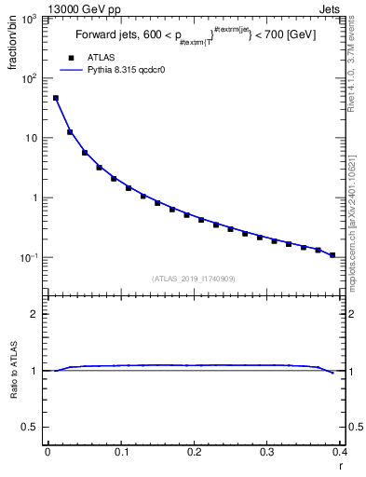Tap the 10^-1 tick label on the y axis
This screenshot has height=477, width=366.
28,257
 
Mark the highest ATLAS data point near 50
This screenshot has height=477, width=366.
56,98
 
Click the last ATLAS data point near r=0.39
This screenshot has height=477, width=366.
332,254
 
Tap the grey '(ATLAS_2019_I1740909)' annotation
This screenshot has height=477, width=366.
193,278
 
